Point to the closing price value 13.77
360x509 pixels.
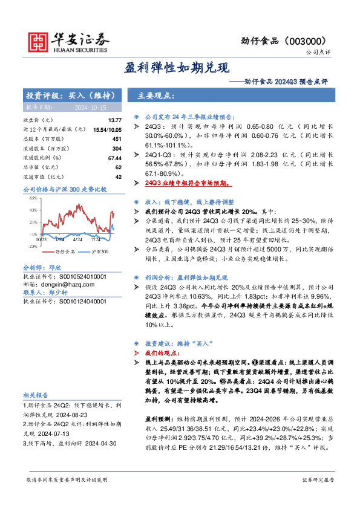[115, 121]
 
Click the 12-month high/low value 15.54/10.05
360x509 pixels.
[107, 130]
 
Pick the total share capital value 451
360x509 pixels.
[117, 139]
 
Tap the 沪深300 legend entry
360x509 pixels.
[100, 251]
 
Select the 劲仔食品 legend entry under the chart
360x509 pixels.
[65, 251]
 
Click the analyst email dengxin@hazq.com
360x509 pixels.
[60, 283]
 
